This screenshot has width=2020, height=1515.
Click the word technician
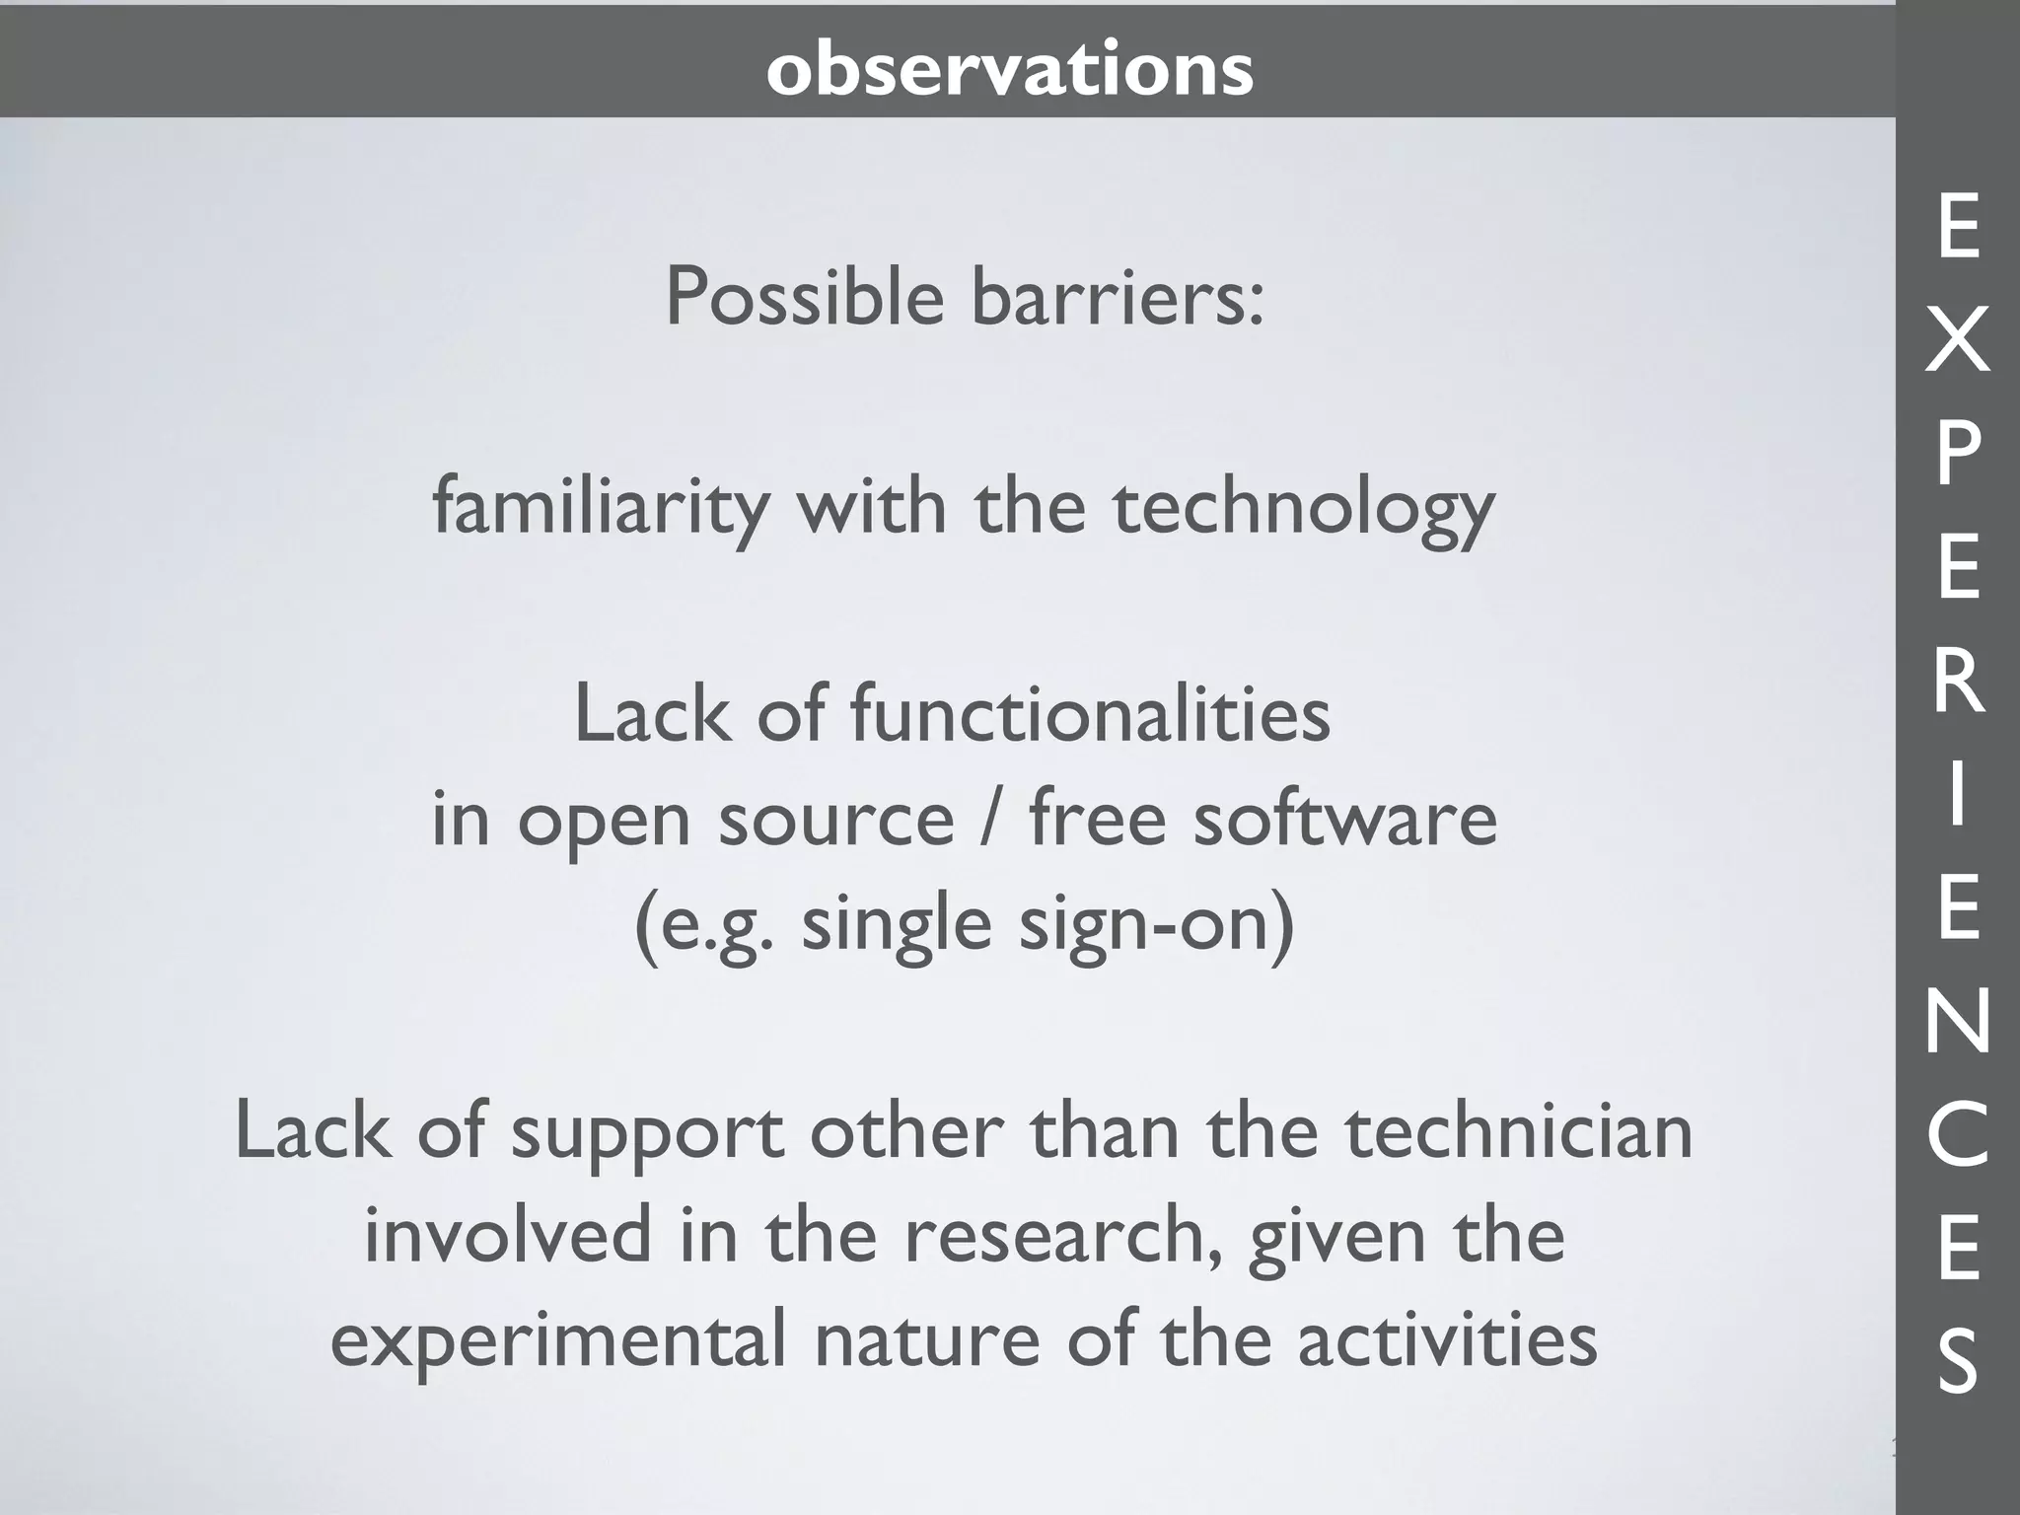click(x=1519, y=1131)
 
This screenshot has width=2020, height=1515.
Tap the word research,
click(x=1069, y=1236)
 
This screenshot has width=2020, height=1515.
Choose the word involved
click(x=508, y=1236)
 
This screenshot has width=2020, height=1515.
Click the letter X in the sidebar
click(x=1958, y=339)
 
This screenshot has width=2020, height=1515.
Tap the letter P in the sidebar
click(x=1958, y=454)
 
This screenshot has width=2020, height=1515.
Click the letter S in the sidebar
click(x=1958, y=1361)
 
